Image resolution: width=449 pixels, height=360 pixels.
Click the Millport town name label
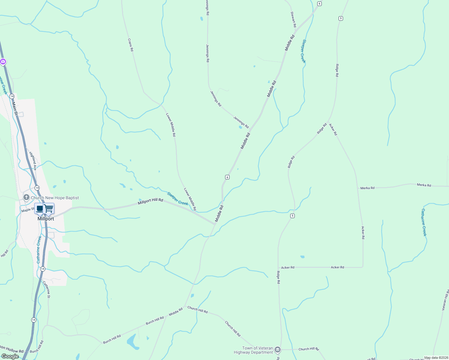(46, 219)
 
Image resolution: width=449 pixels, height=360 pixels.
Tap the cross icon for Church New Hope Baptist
(26, 197)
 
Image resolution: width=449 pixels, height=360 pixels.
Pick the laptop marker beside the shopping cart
(40, 208)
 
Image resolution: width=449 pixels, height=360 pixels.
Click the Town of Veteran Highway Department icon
(278, 350)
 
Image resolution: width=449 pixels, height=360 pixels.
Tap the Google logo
(10, 356)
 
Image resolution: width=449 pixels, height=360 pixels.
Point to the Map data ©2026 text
(436, 358)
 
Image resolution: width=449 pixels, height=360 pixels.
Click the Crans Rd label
(130, 45)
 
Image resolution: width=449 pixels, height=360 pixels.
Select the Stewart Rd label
(293, 19)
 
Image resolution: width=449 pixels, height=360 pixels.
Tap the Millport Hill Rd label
(150, 202)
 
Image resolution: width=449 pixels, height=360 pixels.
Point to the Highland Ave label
(33, 161)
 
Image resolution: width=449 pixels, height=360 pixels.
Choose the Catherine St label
(46, 289)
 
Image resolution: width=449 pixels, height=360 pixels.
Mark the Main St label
(14, 109)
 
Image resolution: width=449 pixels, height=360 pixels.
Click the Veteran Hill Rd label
(445, 300)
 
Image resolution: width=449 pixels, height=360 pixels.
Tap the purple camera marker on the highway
(3, 62)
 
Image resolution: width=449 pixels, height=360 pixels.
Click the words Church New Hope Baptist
(55, 198)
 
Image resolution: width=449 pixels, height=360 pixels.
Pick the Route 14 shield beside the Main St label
(12, 96)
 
